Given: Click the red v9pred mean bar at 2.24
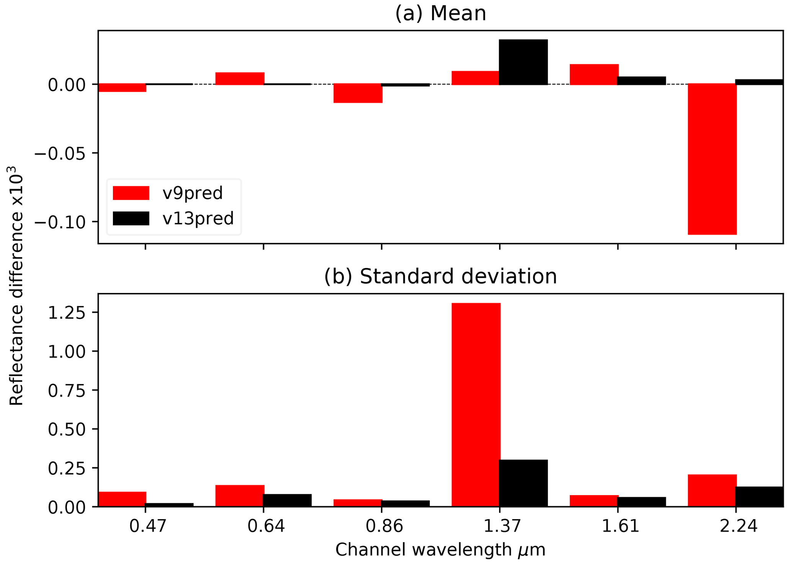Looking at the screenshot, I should [x=712, y=159].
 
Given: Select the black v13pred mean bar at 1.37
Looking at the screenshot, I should [x=523, y=62].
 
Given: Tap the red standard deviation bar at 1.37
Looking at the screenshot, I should [x=476, y=405].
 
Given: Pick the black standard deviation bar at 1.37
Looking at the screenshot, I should [x=523, y=483].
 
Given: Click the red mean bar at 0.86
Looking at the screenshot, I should [x=358, y=93].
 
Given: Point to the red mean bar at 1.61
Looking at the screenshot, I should [x=594, y=74].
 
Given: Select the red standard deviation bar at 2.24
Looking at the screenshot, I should [x=712, y=490].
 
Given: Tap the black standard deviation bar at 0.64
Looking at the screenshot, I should [x=287, y=500].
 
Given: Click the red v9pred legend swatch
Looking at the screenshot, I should [x=131, y=193].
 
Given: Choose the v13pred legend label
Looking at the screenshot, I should [x=198, y=219].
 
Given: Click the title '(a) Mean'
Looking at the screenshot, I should [x=440, y=13].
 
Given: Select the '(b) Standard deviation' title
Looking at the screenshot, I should [x=440, y=276].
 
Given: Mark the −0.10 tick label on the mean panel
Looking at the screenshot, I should [x=60, y=222].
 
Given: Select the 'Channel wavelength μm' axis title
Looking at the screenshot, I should [x=440, y=550].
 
